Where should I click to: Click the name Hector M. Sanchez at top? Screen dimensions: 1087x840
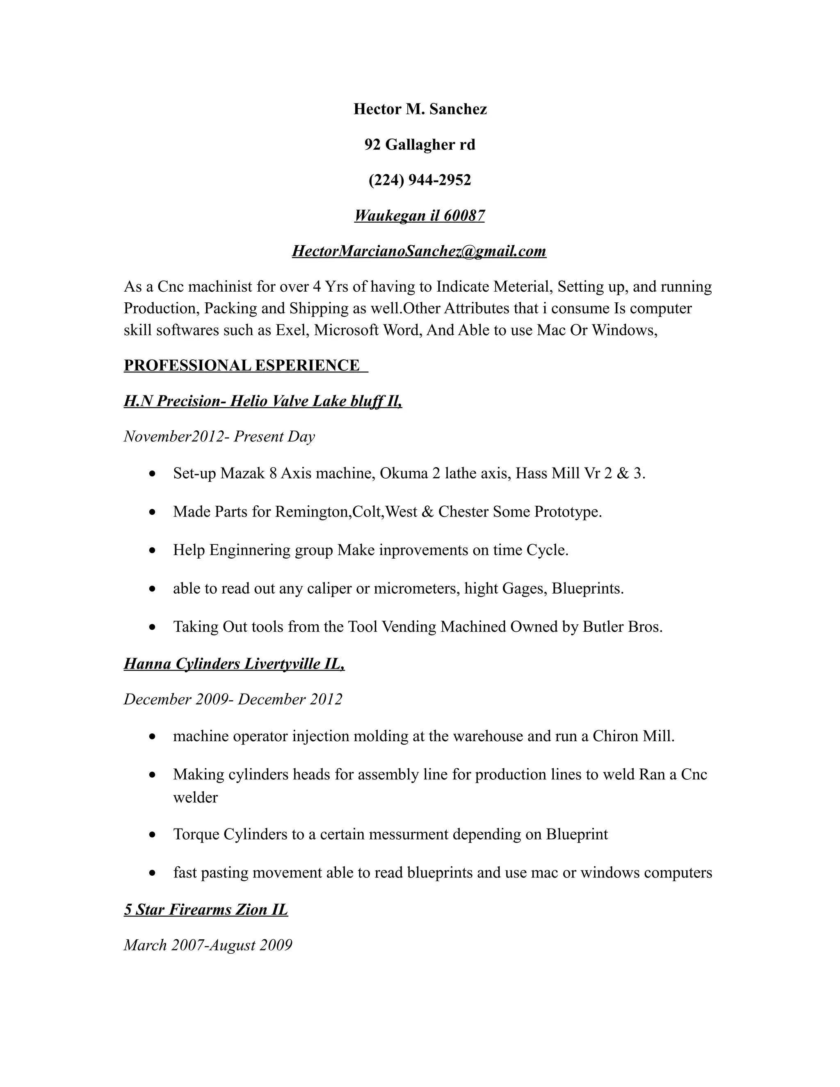(x=420, y=109)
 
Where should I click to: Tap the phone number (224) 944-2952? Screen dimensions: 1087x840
(x=420, y=180)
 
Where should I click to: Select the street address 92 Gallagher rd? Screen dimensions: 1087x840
(x=420, y=144)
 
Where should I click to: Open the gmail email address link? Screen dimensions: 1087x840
(x=419, y=251)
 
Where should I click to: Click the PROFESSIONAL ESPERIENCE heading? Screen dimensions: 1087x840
(x=242, y=365)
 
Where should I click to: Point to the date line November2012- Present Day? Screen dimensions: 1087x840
(x=219, y=436)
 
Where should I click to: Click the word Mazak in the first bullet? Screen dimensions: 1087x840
(x=242, y=473)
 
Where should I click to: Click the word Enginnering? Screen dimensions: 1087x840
(x=250, y=550)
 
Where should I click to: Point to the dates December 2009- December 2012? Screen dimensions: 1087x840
(x=233, y=699)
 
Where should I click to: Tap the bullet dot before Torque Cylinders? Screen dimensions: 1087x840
(x=153, y=835)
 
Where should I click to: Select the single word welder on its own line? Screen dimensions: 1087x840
(x=195, y=798)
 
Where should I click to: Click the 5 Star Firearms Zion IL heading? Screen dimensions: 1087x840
(x=205, y=910)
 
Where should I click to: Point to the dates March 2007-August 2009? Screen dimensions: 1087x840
(x=208, y=945)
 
